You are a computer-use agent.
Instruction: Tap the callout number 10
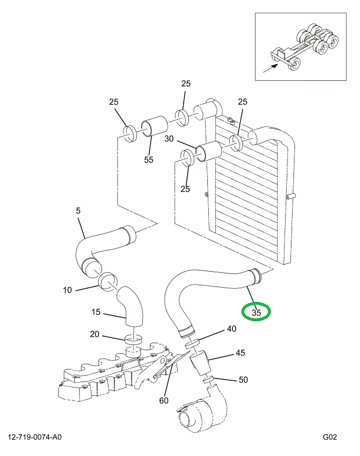click(x=68, y=290)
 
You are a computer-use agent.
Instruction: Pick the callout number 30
click(x=169, y=139)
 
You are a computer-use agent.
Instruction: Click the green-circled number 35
click(x=257, y=312)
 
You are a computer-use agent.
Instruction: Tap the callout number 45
click(x=240, y=354)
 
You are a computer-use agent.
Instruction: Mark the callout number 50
click(x=243, y=380)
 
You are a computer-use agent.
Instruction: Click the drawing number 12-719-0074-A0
click(x=35, y=438)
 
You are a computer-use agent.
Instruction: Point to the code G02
click(x=329, y=438)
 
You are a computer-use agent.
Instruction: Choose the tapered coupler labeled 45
click(x=202, y=362)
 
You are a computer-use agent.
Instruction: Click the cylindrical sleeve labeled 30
click(x=208, y=152)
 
